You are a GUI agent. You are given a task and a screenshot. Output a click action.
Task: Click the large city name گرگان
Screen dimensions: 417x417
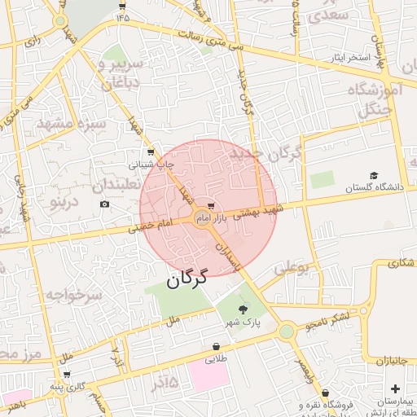pyautogui.click(x=187, y=278)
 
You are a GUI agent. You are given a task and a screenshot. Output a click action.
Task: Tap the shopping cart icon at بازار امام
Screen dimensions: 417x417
pyautogui.click(x=212, y=206)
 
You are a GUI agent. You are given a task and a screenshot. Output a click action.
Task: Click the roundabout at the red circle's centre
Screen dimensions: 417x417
pyautogui.click(x=203, y=217)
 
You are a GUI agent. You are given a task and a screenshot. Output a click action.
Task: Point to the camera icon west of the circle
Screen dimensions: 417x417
pyautogui.click(x=105, y=203)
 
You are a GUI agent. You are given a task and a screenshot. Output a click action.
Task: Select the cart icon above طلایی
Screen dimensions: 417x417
pyautogui.click(x=215, y=346)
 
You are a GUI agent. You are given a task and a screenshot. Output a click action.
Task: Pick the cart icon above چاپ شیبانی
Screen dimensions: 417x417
pyautogui.click(x=151, y=151)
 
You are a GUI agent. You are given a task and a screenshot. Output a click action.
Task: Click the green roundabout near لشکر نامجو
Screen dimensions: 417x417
pyautogui.click(x=286, y=331)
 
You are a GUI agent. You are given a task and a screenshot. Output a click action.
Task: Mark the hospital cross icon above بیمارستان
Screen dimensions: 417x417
pyautogui.click(x=396, y=388)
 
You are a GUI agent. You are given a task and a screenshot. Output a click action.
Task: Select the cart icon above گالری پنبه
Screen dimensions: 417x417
pyautogui.click(x=67, y=375)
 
